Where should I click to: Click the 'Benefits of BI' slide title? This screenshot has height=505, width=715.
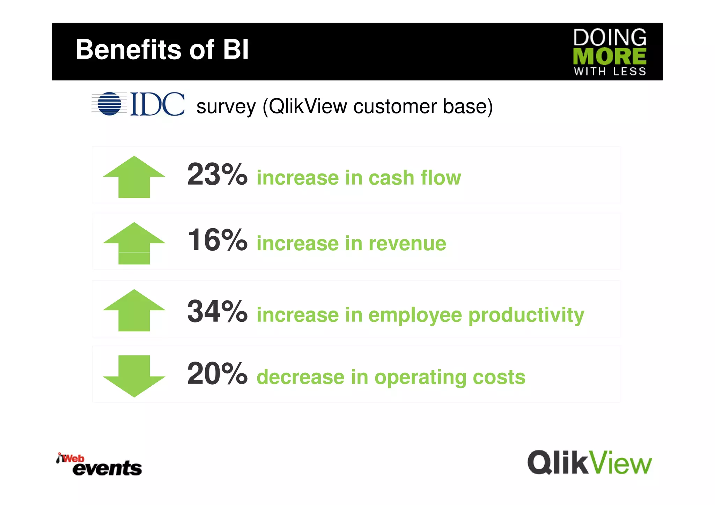click(162, 50)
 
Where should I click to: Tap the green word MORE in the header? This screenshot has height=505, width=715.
click(610, 56)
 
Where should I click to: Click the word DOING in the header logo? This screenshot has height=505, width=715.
click(610, 37)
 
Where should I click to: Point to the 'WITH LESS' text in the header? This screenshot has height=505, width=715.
click(610, 72)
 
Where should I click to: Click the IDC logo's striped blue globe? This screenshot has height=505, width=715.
click(109, 104)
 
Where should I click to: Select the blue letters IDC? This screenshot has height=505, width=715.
click(157, 104)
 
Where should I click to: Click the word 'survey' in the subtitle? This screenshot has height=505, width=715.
click(226, 107)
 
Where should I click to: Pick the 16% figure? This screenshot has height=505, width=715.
click(217, 240)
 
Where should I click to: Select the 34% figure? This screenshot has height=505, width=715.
click(217, 311)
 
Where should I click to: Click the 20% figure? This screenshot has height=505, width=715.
click(217, 374)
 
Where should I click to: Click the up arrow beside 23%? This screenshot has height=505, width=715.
click(134, 177)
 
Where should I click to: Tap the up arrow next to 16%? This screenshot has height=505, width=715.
click(134, 243)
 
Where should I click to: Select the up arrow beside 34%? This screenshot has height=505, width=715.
click(134, 310)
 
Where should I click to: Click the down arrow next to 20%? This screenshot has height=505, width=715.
click(134, 376)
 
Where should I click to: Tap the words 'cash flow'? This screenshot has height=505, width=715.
click(415, 178)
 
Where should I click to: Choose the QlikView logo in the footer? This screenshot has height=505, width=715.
click(589, 462)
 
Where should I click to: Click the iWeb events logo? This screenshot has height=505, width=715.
click(99, 465)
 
